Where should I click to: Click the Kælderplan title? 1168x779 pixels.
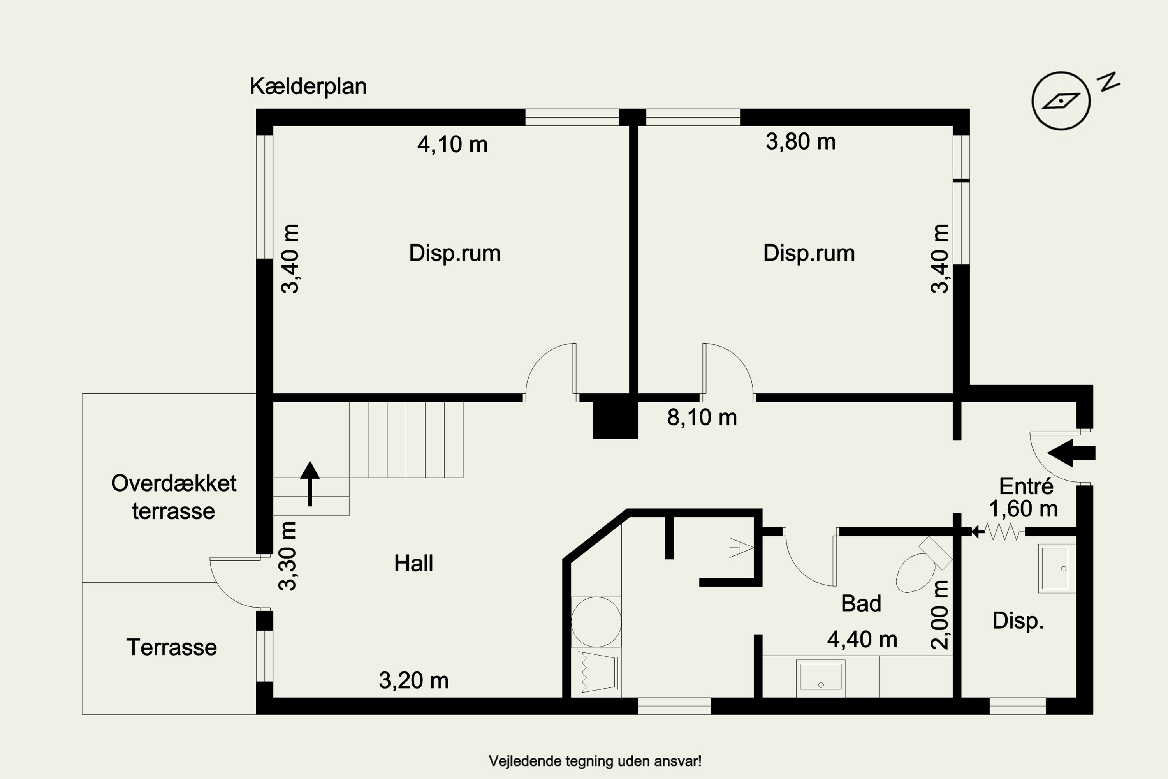pos(308,86)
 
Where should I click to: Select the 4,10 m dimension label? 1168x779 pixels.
pos(452,144)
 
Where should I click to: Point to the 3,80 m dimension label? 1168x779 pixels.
pos(800,142)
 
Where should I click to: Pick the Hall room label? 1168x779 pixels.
pos(413,563)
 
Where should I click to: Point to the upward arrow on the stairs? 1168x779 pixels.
pos(310,483)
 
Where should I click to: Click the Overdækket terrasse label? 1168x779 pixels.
pos(174,497)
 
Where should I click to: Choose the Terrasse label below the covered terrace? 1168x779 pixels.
pos(172,647)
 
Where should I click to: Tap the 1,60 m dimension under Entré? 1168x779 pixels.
pos(1023,509)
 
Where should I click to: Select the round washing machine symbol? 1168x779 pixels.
pos(596,622)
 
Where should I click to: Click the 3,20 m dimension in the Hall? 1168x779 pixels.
pos(413,680)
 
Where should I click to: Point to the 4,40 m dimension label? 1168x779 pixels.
pos(862,640)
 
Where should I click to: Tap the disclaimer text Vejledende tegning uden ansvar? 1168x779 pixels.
pos(595,761)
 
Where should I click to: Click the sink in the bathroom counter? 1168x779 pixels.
pos(820,678)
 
